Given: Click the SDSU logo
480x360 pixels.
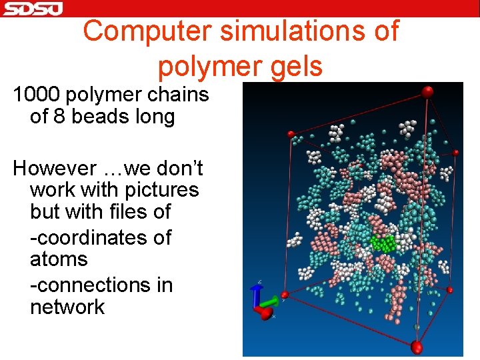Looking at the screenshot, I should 32,8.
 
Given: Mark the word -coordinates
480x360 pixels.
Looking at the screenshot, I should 101,237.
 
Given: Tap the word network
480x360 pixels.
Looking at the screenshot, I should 67,307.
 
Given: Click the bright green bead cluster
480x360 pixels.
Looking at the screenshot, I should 383,243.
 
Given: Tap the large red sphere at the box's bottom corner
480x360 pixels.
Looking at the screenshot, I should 417,347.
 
